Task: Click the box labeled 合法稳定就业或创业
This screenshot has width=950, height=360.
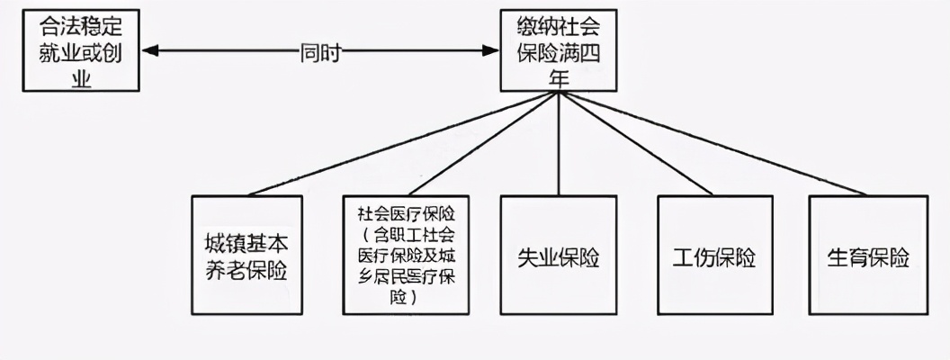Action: [81, 50]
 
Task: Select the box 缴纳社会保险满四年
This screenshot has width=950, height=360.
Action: [559, 50]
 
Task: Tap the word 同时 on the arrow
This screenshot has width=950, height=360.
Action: [320, 52]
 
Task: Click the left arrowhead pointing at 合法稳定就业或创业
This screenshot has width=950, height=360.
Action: [149, 51]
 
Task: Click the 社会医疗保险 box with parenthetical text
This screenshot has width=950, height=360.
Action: [406, 255]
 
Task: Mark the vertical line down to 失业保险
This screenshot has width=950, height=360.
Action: [559, 144]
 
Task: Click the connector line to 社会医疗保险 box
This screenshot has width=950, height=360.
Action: [481, 144]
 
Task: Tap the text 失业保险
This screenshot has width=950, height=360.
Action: [559, 257]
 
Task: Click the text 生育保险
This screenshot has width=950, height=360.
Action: [868, 257]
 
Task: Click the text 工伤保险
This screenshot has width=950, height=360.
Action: [715, 257]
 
